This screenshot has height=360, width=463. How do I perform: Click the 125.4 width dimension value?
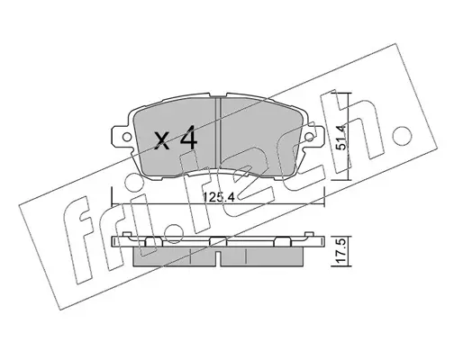pyautogui.click(x=219, y=197)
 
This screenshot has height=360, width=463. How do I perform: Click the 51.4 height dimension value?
pyautogui.click(x=341, y=137)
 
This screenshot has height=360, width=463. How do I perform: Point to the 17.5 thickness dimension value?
pyautogui.click(x=341, y=250)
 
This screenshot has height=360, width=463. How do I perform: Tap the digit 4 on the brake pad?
pyautogui.click(x=188, y=138)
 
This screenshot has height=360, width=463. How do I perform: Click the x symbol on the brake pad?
pyautogui.click(x=162, y=141)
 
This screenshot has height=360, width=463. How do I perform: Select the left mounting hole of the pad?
pyautogui.click(x=127, y=137)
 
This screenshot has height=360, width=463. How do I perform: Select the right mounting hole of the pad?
pyautogui.click(x=309, y=137)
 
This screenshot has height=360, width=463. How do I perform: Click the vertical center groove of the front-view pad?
pyautogui.click(x=218, y=136)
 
